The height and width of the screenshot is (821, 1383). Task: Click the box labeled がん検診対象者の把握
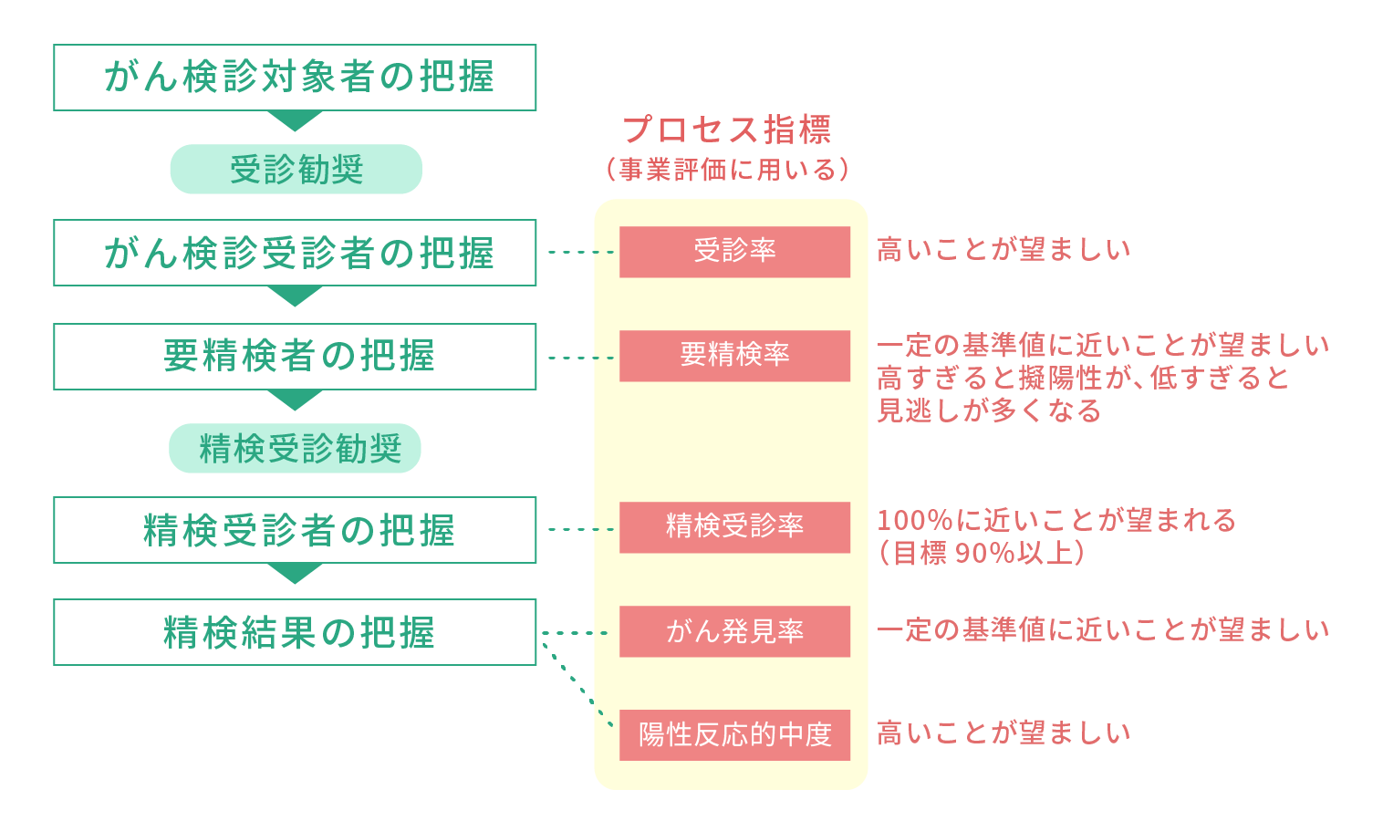click(x=295, y=78)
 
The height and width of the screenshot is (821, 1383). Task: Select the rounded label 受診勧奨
click(x=296, y=170)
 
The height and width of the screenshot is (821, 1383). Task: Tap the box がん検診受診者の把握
click(x=295, y=253)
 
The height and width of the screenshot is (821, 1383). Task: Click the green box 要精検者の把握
click(x=295, y=357)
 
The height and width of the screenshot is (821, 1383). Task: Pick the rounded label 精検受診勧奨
click(x=296, y=449)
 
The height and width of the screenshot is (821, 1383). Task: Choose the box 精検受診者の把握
click(x=295, y=530)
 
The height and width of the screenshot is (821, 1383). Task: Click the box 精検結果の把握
click(x=295, y=632)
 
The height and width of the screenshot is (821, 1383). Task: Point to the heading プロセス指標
click(x=727, y=130)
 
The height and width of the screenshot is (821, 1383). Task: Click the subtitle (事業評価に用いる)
click(x=727, y=170)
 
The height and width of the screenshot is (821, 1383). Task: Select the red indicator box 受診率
click(x=734, y=252)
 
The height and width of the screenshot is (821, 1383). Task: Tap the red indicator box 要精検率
click(x=734, y=356)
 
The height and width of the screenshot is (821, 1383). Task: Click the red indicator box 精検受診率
click(x=734, y=527)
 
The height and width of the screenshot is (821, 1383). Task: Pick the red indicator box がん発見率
click(x=734, y=631)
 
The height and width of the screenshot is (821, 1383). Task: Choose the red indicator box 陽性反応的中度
click(x=734, y=735)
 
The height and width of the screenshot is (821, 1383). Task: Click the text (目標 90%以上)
click(x=982, y=553)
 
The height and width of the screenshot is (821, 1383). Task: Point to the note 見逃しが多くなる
click(x=989, y=411)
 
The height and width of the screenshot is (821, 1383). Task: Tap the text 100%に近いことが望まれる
click(x=1056, y=521)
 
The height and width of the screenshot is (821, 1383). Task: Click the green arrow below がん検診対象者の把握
click(x=295, y=120)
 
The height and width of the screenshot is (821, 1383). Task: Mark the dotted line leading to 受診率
click(x=580, y=252)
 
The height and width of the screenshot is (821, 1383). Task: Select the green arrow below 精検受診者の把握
click(x=295, y=573)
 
